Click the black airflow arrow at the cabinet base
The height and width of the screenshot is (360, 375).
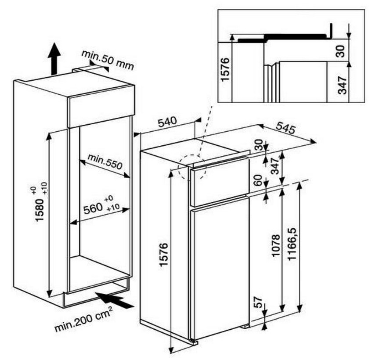115,300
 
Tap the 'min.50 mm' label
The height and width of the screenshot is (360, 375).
108,60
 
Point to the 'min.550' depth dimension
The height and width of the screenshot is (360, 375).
105,162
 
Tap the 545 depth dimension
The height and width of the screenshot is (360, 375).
285,128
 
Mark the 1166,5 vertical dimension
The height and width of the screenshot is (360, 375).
292,244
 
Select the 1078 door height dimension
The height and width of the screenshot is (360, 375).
276,245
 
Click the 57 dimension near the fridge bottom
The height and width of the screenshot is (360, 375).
258,302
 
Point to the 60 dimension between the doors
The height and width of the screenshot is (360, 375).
258,180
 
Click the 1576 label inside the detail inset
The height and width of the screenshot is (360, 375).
225,69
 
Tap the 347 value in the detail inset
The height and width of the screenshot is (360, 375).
342,85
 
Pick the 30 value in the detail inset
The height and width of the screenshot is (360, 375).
341,51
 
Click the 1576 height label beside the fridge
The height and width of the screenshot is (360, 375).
164,255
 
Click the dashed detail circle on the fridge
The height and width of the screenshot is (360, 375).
192,167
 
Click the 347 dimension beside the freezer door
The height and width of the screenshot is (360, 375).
275,166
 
